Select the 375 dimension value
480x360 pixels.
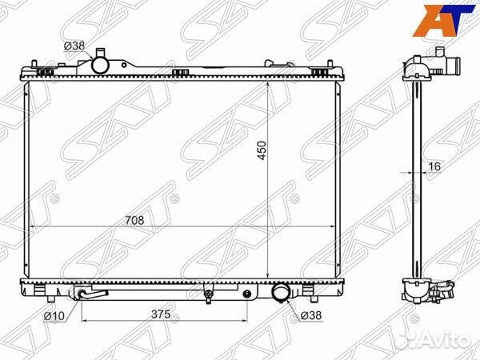coord(162,314)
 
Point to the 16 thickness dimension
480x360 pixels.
coord(434,166)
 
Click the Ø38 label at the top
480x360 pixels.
coord(74,46)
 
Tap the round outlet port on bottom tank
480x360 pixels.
coord(282,294)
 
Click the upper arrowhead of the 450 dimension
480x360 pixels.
coord(267,83)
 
